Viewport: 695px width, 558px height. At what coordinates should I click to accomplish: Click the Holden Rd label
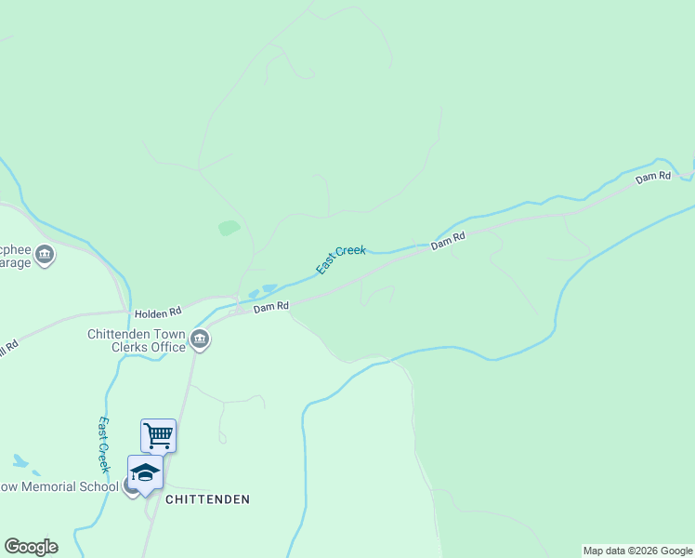click(157, 314)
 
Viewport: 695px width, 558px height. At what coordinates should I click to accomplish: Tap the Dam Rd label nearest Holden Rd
click(271, 306)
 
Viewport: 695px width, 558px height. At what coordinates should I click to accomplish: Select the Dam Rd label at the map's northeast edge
click(652, 177)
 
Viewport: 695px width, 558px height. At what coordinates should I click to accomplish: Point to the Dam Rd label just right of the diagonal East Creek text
click(447, 241)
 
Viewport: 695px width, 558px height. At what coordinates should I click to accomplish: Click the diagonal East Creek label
click(341, 259)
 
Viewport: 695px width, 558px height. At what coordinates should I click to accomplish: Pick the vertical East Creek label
click(105, 445)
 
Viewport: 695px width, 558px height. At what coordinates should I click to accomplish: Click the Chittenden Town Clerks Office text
click(137, 340)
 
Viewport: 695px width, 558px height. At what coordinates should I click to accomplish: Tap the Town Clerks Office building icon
click(200, 341)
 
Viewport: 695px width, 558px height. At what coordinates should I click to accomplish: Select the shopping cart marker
click(158, 434)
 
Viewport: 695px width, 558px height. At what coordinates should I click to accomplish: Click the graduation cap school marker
click(145, 472)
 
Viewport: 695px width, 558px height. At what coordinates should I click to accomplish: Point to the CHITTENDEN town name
click(207, 499)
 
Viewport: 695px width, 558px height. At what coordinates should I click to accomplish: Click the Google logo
click(31, 547)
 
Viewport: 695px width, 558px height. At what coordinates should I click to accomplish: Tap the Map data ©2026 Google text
click(638, 551)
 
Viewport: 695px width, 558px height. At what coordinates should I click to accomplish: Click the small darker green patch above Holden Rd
click(229, 228)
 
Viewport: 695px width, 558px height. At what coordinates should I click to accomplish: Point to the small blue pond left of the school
click(20, 461)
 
